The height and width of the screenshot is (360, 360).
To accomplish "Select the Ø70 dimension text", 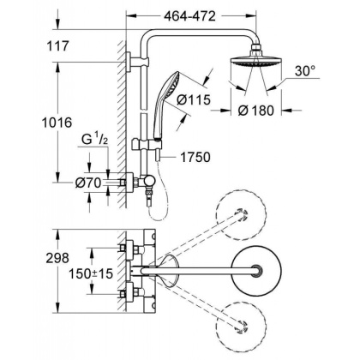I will click(x=88, y=182).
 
